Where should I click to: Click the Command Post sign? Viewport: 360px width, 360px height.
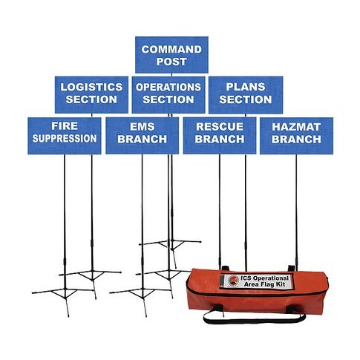pos(171,55)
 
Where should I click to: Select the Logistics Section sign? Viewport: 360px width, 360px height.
pos(91,95)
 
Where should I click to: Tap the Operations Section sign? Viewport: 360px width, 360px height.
pos(168,95)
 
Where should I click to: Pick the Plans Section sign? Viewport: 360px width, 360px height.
pos(246,95)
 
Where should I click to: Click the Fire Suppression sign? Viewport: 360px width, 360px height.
pos(65,136)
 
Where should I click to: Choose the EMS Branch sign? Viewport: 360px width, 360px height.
pos(143,136)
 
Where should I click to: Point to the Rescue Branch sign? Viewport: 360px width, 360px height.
pos(220,136)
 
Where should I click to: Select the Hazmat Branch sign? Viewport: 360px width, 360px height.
pos(296,136)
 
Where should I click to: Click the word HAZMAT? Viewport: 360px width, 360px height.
pos(296,127)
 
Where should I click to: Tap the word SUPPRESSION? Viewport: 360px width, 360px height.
pos(65,139)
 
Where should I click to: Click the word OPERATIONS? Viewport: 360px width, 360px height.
pos(168,87)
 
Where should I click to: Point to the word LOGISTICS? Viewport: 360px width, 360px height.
pos(91,87)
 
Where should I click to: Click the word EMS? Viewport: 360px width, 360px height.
pos(143,127)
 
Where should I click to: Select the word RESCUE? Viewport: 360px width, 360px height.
pos(220,127)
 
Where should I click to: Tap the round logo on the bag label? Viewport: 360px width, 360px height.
pos(233,281)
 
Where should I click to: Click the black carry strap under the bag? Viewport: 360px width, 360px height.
pos(254,318)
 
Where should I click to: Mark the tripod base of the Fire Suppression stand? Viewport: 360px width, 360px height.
pos(65,296)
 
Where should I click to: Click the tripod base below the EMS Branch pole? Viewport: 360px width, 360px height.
pos(142,296)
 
